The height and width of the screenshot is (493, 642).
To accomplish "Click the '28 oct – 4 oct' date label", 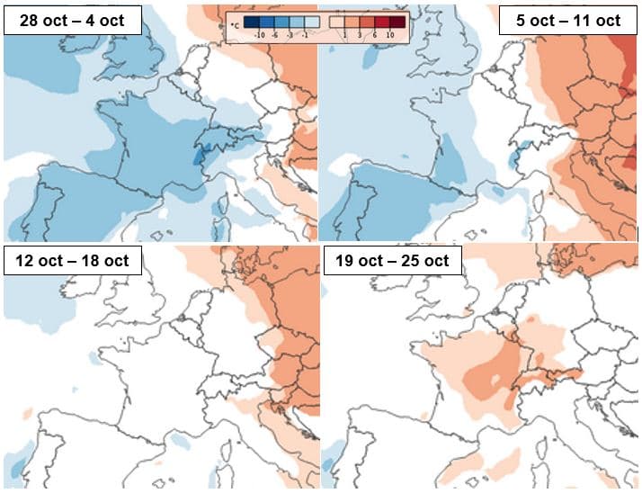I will coord(73,20).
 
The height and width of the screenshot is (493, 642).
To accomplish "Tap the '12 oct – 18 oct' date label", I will coord(73,261).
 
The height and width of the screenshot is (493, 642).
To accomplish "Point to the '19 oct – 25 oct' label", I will coord(392,261).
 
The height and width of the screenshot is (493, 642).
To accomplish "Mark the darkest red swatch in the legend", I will coord(397,21).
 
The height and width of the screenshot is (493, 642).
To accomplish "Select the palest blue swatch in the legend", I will coord(310,21).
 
